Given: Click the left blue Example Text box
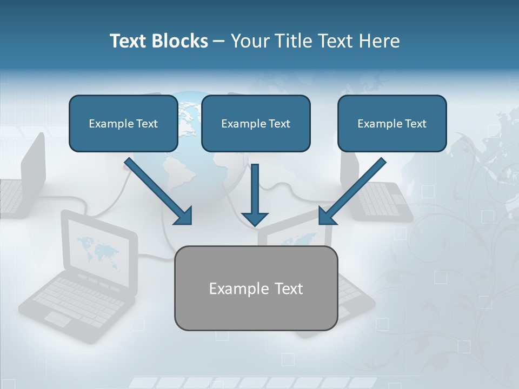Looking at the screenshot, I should click(123, 123).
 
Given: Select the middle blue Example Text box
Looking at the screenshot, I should click(256, 123).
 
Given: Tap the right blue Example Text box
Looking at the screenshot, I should click(392, 123).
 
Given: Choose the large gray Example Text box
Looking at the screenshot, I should click(256, 288).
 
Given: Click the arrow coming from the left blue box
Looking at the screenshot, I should click(159, 191).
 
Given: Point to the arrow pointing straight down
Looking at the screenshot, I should click(255, 194).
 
